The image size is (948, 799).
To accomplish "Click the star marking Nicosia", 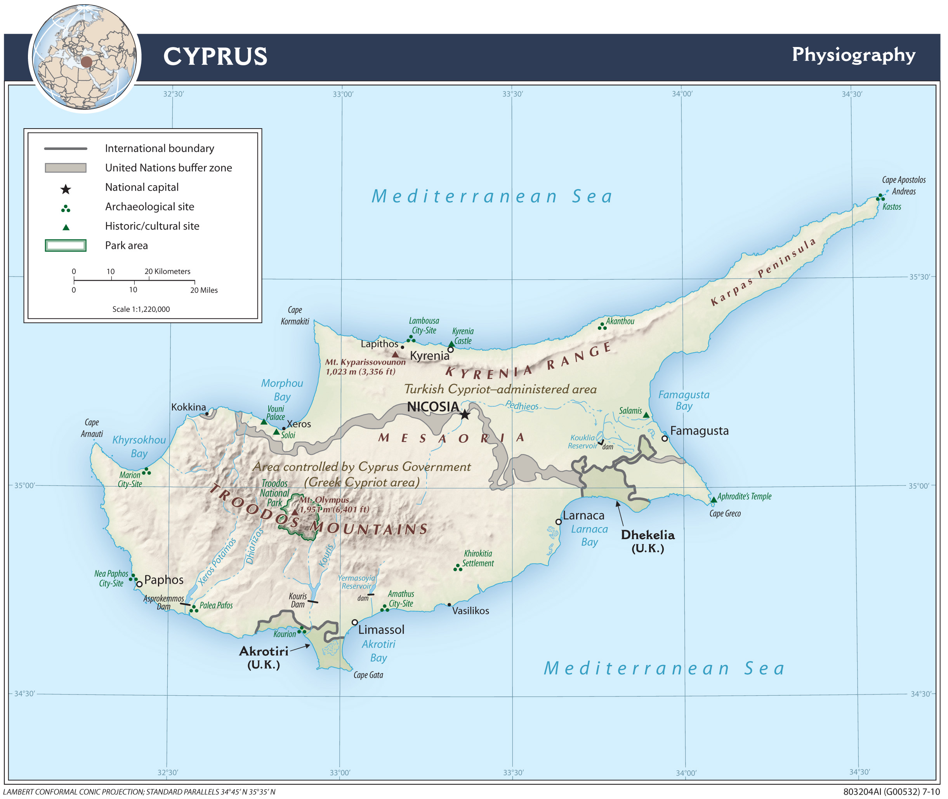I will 465,414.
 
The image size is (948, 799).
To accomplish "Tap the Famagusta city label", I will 699,431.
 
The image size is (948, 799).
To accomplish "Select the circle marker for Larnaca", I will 559,522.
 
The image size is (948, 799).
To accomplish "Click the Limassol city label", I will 381,630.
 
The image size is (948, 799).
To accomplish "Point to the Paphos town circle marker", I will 139,584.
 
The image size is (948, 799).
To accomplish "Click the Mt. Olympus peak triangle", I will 295,512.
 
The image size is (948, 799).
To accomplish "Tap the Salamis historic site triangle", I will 646,415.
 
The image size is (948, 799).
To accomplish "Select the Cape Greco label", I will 725,514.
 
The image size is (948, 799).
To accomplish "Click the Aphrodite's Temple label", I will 744,496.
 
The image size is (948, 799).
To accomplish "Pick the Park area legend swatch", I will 66,245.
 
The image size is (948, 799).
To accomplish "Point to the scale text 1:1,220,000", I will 141,309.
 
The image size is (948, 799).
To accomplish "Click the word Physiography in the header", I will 853,55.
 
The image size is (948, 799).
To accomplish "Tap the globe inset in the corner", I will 85,57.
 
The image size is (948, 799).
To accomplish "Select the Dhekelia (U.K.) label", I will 648,541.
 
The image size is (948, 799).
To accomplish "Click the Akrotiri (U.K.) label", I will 264,657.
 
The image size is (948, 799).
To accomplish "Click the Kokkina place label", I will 188,407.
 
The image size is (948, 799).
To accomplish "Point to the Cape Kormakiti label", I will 295,316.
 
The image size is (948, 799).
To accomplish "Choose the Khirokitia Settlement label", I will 478,559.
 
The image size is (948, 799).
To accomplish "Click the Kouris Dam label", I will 298,600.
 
